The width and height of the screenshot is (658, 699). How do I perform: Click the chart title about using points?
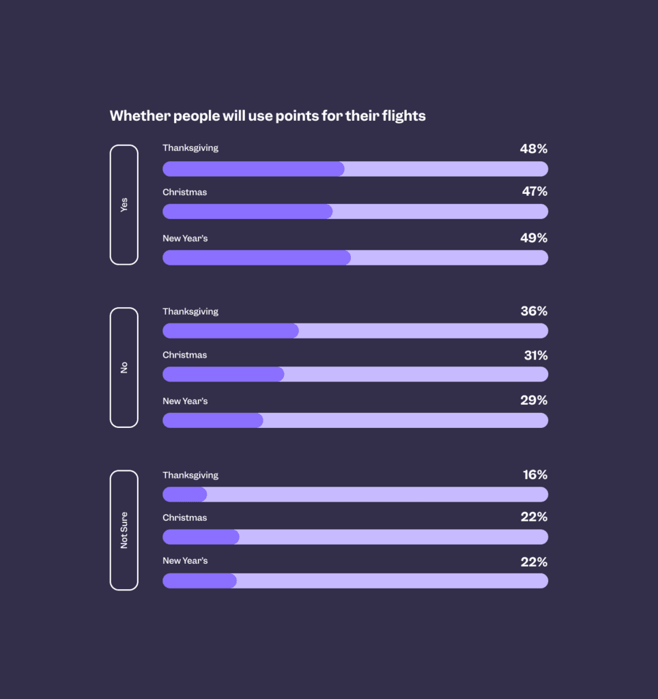point(268,116)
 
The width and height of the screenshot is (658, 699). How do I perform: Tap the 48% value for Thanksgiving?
point(534,149)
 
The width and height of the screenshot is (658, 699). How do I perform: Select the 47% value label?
point(534,192)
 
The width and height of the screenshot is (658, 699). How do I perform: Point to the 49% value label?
point(534,238)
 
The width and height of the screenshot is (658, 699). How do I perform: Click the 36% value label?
point(534,311)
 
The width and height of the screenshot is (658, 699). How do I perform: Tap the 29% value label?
point(534,401)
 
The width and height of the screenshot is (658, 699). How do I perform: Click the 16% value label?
point(535,475)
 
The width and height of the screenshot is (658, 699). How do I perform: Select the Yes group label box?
point(124,205)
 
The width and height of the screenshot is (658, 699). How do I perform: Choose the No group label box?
point(124,367)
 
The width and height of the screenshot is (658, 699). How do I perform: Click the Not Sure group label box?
point(124,530)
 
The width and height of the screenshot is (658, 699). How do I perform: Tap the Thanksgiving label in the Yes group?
point(190,147)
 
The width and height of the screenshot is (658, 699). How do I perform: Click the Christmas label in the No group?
point(184,355)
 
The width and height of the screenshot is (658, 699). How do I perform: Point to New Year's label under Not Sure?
point(185,560)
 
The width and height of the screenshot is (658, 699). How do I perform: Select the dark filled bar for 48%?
point(253,169)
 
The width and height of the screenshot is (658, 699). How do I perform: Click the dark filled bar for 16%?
point(184,494)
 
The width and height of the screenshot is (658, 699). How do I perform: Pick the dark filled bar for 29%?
point(212,420)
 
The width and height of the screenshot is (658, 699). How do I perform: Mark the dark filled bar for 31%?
point(223,374)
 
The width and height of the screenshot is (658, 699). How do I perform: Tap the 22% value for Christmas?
point(534,517)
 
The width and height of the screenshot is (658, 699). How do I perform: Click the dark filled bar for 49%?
point(257,257)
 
